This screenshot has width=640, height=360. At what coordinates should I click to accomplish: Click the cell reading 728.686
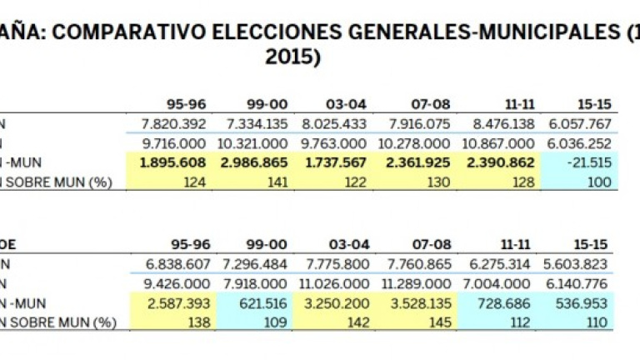point(507,303)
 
